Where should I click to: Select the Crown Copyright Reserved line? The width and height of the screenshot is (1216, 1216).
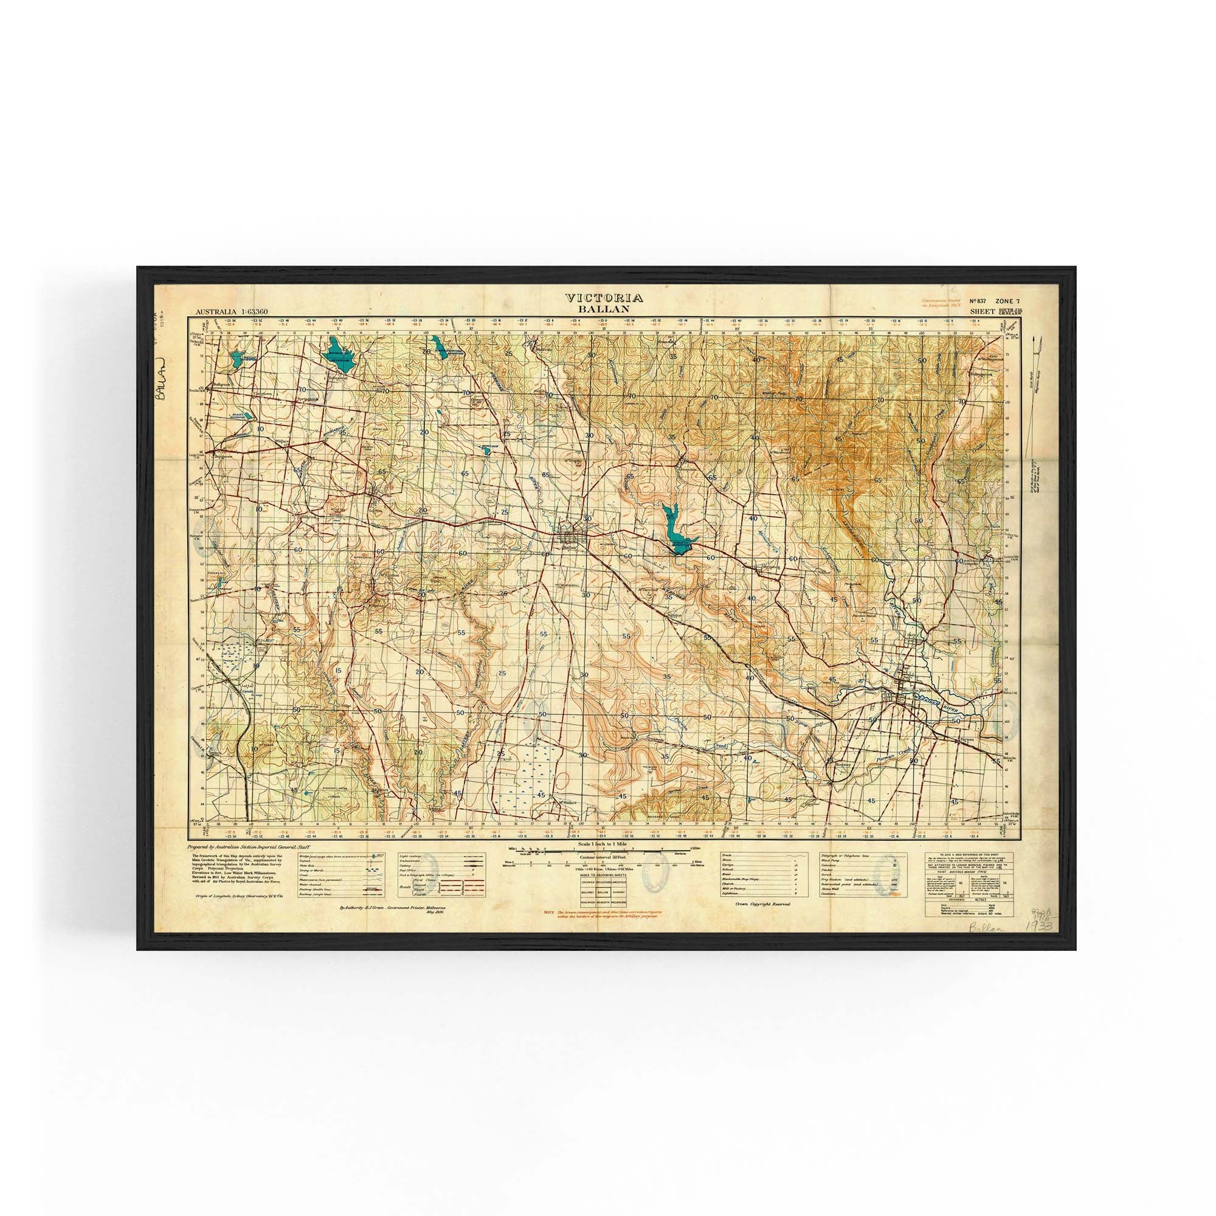click(762, 903)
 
